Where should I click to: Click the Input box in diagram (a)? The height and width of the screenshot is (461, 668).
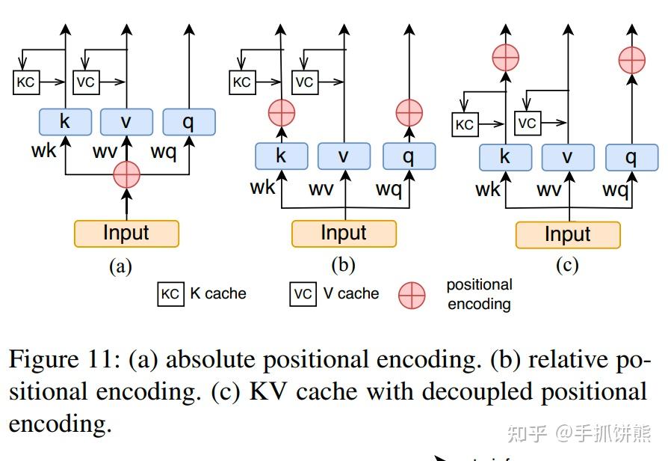[x=126, y=233]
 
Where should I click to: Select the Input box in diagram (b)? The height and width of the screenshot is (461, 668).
[x=344, y=233]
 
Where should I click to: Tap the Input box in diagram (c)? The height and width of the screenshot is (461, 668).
[x=568, y=235]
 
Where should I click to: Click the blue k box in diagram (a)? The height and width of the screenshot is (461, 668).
[x=65, y=122]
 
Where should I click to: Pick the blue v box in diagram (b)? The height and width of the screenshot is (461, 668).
[x=344, y=156]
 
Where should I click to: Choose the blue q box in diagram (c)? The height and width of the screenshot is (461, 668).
[x=631, y=156]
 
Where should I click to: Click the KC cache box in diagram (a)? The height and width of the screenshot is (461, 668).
[x=25, y=82]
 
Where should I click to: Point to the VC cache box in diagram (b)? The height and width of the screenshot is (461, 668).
[x=304, y=82]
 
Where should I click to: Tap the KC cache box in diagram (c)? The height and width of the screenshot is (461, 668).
[x=464, y=124]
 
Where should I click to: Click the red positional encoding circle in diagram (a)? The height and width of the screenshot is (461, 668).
[x=126, y=174]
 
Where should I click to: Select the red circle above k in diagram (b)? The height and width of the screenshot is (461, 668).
[x=281, y=113]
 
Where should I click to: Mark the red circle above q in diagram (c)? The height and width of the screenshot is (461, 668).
[x=632, y=59]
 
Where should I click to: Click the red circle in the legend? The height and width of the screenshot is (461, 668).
[x=412, y=295]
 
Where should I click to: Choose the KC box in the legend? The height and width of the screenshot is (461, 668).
[x=170, y=294]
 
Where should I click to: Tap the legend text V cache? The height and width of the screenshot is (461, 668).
[x=351, y=294]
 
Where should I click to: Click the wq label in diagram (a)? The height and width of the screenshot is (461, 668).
[x=164, y=152]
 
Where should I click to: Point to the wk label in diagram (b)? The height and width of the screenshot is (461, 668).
[x=263, y=186]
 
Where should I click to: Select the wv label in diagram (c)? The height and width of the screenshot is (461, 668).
[x=549, y=190]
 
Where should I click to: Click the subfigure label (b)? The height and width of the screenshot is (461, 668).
[x=343, y=264]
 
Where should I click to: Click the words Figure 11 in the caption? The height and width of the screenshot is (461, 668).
[x=62, y=360]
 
